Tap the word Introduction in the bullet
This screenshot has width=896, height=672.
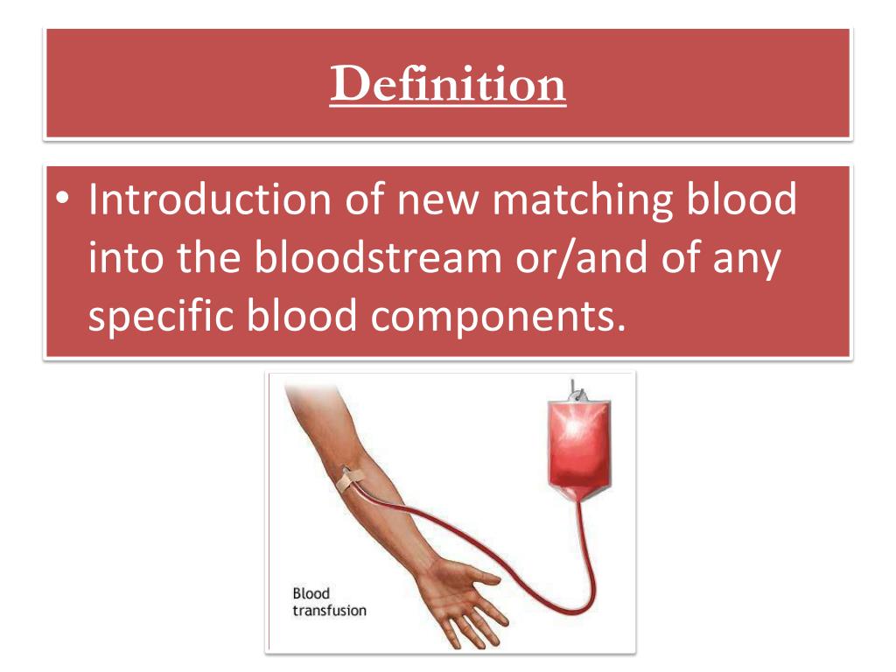coord(209,199)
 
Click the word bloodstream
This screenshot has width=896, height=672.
coord(378,258)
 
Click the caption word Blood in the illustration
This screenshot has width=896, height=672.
coord(311,594)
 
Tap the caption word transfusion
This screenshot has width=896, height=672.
coord(329,611)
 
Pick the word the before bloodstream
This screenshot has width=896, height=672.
coord(208,258)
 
